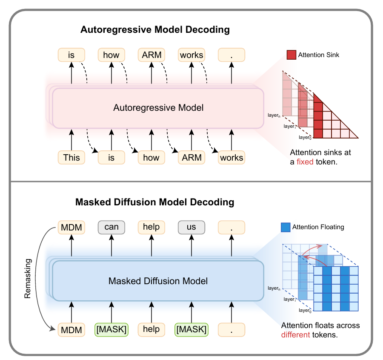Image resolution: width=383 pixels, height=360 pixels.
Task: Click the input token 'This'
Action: point(71,158)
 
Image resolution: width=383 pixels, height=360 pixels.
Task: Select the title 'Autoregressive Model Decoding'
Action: point(155,30)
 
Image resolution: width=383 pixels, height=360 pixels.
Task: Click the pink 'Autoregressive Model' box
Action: point(158,108)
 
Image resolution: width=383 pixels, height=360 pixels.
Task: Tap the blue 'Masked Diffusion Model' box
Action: point(158,281)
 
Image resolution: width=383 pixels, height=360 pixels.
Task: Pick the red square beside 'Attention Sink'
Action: point(291,55)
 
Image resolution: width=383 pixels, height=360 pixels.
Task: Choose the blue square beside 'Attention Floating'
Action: point(286,228)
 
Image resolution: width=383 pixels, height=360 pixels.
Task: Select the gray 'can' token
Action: point(111,227)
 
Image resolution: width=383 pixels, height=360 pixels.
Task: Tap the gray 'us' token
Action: point(191,227)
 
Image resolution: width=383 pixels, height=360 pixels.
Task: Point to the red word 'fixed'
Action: point(305,162)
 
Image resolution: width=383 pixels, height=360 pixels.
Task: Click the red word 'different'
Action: point(295,335)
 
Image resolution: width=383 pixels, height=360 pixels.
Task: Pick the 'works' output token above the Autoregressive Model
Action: point(191,55)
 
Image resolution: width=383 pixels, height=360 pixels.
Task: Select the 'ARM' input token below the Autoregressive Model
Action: point(191,158)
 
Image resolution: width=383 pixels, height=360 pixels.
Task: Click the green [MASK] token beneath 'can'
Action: point(111,329)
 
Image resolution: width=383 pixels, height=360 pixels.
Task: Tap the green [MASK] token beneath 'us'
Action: point(191,329)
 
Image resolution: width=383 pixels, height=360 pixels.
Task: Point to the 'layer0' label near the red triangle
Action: point(304,137)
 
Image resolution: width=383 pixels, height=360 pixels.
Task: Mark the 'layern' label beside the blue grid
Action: point(274,288)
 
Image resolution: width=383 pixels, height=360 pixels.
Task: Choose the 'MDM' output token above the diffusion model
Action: point(71,227)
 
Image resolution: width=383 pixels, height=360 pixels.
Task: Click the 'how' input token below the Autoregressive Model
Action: point(151,158)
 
